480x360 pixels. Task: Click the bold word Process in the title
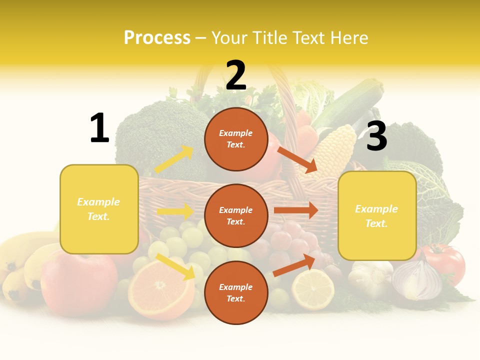157,38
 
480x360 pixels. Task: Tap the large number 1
99,128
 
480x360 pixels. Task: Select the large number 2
236,75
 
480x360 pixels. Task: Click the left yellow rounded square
99,209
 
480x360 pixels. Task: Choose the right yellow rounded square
377,215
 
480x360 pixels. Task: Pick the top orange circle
236,139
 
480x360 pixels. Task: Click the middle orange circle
236,215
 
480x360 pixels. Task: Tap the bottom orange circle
236,292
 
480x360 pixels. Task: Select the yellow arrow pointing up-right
173,159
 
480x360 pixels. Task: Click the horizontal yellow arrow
175,211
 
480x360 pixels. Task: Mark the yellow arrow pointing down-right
175,266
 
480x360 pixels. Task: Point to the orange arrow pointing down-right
297,159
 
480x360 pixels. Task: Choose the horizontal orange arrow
295,210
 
